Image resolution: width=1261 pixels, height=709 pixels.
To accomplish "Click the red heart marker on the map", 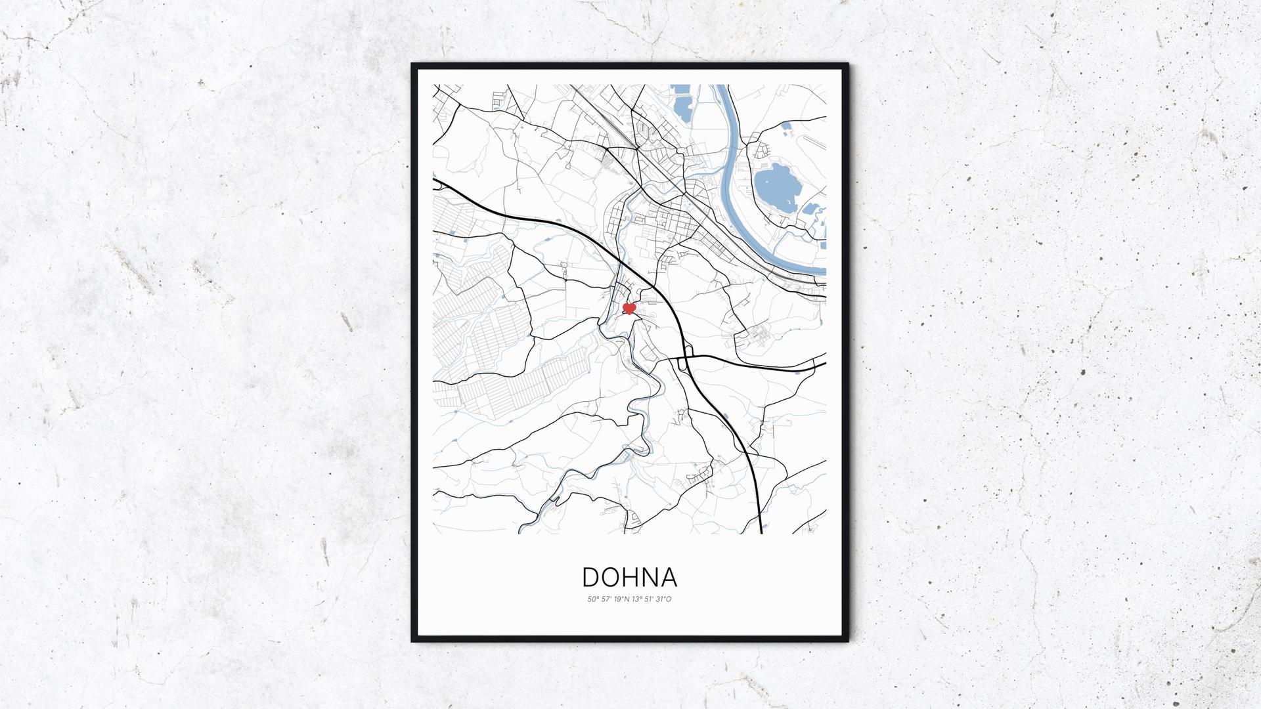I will [629, 308].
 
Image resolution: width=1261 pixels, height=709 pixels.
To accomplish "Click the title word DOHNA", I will [629, 577].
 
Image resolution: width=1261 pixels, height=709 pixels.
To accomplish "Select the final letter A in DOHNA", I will [668, 577].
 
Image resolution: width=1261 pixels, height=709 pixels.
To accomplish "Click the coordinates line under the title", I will [629, 599].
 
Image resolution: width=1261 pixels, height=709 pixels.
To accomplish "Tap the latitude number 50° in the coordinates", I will [592, 599].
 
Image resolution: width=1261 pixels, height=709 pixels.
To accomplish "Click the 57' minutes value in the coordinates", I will [605, 599].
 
